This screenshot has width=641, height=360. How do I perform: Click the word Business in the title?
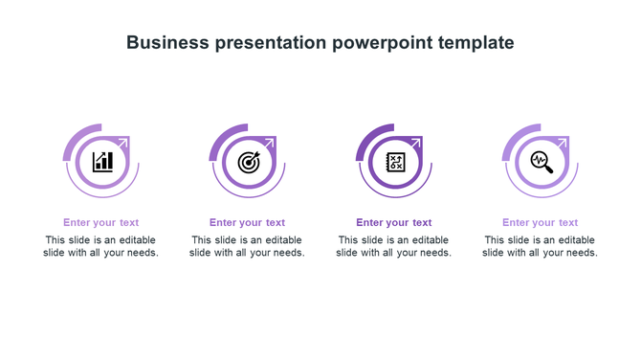pos(166,43)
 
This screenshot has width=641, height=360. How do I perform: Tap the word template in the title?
pos(476,43)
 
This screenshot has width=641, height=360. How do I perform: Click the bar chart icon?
pos(101,161)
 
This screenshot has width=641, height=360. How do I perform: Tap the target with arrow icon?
pos(248,161)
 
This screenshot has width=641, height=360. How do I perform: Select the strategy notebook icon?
pos(394,161)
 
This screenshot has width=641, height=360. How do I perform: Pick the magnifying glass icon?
pos(541,161)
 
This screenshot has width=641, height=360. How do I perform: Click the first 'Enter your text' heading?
pos(101,223)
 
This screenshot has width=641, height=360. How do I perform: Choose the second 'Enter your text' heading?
pos(248,223)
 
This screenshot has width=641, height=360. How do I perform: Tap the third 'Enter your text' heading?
pos(394,223)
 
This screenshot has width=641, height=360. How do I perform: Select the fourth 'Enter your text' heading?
pos(541,223)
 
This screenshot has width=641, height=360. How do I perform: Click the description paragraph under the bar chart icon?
pos(101,247)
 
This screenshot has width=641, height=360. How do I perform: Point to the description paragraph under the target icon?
pos(248,247)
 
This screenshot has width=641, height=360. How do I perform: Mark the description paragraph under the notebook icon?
pos(394,247)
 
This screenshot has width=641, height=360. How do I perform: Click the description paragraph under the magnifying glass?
pos(541,247)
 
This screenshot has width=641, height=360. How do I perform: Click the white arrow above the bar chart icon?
pos(123,141)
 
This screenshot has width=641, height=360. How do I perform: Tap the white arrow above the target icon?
pos(270,141)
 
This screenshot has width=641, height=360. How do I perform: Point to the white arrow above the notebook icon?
pos(416,141)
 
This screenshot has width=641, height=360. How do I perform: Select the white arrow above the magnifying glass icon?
pos(563,141)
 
